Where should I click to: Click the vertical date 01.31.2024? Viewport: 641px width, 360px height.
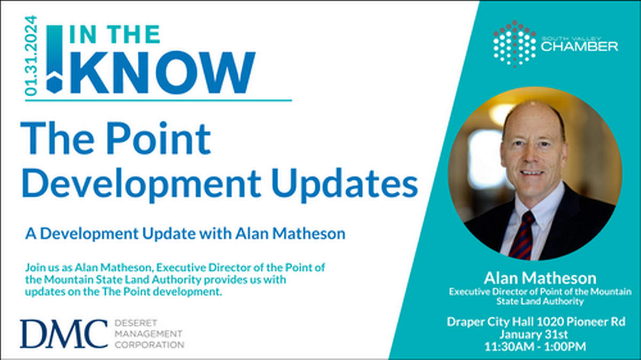point(32,56)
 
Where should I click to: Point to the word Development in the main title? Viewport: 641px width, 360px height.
point(133,183)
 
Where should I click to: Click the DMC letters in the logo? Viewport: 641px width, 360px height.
point(64,333)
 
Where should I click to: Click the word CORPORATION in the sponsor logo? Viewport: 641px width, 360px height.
point(150,345)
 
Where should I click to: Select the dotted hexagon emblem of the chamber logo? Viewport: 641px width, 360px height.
point(514,43)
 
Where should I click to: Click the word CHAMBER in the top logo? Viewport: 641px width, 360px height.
point(580,47)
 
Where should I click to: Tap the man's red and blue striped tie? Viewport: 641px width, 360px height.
point(521,236)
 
